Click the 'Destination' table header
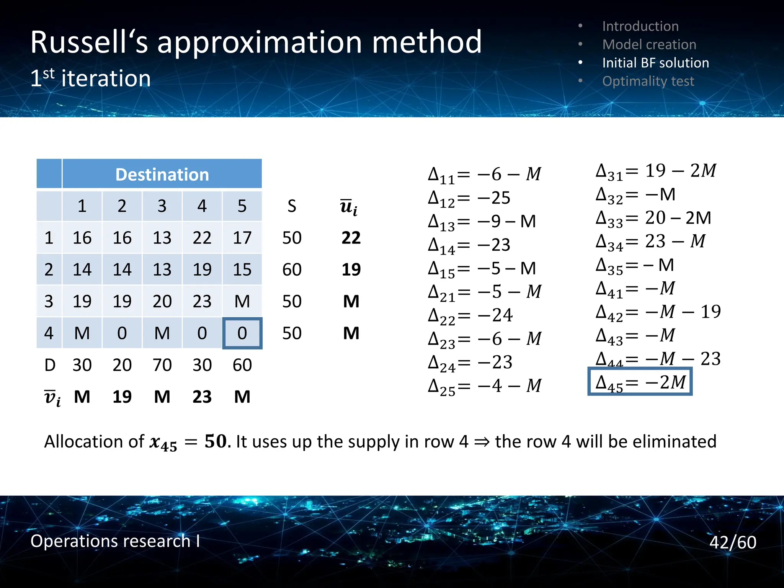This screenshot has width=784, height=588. [x=162, y=175]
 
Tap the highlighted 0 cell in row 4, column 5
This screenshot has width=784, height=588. [x=242, y=333]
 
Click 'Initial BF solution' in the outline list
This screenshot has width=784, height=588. [x=655, y=63]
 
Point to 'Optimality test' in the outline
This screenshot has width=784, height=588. [x=648, y=81]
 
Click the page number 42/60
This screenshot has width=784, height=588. [x=733, y=542]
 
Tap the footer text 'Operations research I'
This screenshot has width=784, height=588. [x=115, y=541]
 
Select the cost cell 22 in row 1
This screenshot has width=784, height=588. [x=202, y=238]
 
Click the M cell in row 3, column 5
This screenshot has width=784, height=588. [x=242, y=301]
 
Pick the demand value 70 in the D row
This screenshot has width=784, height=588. [x=162, y=365]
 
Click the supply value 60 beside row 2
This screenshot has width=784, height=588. [x=292, y=269]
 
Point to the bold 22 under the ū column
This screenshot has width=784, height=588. [x=351, y=238]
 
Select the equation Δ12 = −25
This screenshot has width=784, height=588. [x=469, y=198]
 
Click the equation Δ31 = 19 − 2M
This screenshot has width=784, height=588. [x=656, y=171]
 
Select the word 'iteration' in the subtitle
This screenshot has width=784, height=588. [x=106, y=78]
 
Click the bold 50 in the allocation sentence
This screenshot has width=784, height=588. [x=216, y=441]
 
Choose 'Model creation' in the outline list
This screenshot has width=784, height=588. [x=649, y=44]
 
